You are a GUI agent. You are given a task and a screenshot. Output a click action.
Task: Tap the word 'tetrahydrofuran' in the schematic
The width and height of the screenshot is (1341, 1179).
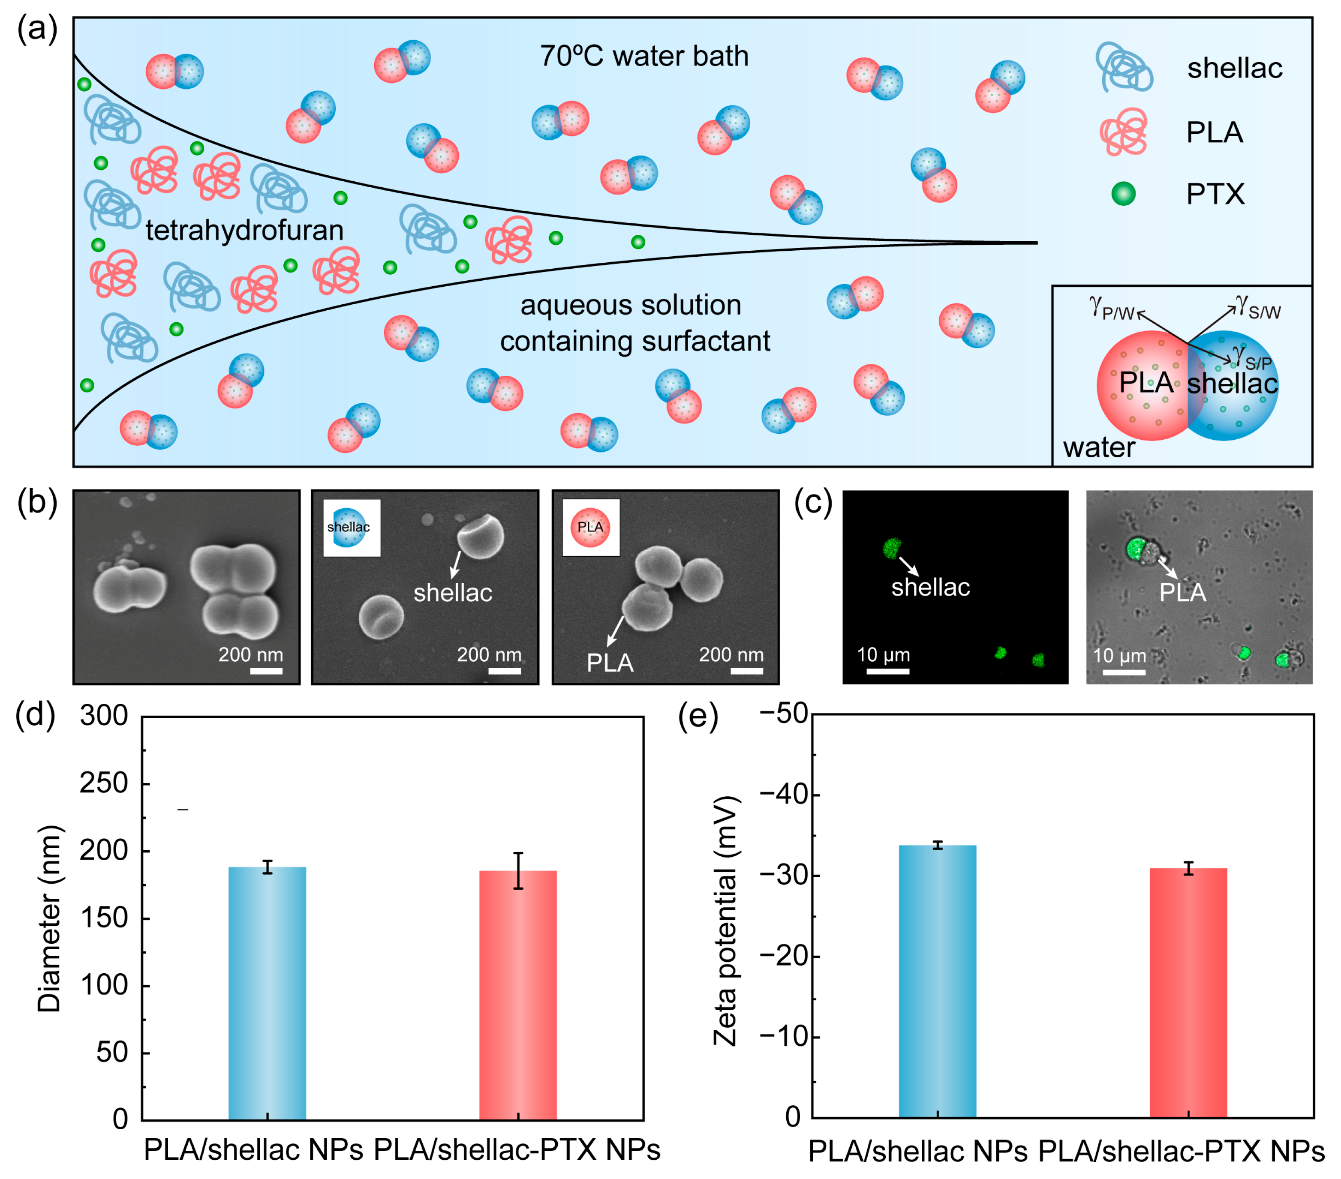point(244,230)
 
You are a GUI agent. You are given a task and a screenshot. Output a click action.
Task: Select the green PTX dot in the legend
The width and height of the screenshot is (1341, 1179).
point(1123,193)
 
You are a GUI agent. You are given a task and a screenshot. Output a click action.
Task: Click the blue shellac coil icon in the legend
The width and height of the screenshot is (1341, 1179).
point(1123,68)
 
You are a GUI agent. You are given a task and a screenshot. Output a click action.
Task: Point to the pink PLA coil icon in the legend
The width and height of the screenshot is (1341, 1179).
point(1124,132)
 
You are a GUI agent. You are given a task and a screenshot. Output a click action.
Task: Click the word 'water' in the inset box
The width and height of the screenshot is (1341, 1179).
point(1098,448)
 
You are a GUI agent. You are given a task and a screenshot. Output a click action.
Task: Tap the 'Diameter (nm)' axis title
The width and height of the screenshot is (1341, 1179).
point(50,918)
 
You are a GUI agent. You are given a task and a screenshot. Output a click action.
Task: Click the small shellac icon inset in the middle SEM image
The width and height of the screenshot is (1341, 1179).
point(351,528)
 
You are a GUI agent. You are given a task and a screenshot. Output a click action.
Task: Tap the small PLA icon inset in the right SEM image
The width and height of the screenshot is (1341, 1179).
point(590,528)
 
